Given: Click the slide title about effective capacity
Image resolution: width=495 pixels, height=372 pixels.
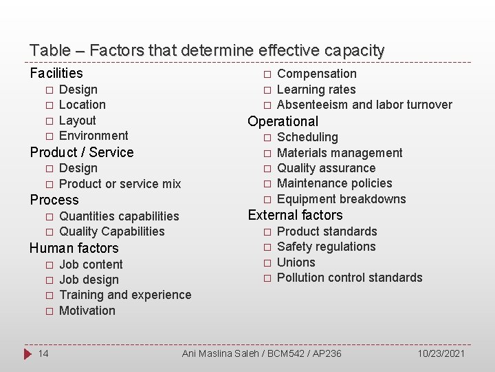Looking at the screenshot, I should click(207, 50).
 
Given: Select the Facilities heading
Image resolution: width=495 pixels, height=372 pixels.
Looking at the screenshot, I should click(56, 72).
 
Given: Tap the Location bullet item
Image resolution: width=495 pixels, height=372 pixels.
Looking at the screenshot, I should click(82, 105).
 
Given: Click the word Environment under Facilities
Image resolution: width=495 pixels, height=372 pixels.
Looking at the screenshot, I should click(93, 136).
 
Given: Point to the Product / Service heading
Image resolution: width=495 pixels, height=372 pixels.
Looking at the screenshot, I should click(82, 152).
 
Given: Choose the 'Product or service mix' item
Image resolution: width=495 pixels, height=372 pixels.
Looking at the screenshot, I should click(120, 184).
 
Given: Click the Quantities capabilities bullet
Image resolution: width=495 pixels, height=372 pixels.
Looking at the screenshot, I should click(119, 216).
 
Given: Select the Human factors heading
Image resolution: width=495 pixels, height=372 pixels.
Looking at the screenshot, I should click(74, 248).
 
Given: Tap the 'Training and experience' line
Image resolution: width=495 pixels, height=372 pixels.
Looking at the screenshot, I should click(125, 295).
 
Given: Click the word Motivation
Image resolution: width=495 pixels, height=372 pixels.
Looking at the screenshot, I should click(87, 311).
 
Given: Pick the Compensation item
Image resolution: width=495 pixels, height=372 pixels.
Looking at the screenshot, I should click(316, 74).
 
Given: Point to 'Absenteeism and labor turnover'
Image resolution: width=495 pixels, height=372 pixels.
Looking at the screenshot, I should click(364, 105).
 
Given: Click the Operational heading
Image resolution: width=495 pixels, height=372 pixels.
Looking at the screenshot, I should click(283, 121).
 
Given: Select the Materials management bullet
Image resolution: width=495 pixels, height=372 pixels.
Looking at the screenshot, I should click(340, 153).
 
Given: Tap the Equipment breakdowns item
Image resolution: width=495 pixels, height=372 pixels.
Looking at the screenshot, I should click(341, 199).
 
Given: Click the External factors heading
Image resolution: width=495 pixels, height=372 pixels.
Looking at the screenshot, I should click(294, 215).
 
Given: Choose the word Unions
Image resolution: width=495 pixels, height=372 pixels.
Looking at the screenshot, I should click(296, 262).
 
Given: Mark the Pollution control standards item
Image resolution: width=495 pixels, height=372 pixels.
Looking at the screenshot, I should click(349, 278).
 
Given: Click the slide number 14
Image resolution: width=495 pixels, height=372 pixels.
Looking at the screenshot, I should click(43, 353).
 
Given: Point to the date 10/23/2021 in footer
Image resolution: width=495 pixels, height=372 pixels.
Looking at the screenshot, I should click(441, 353).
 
